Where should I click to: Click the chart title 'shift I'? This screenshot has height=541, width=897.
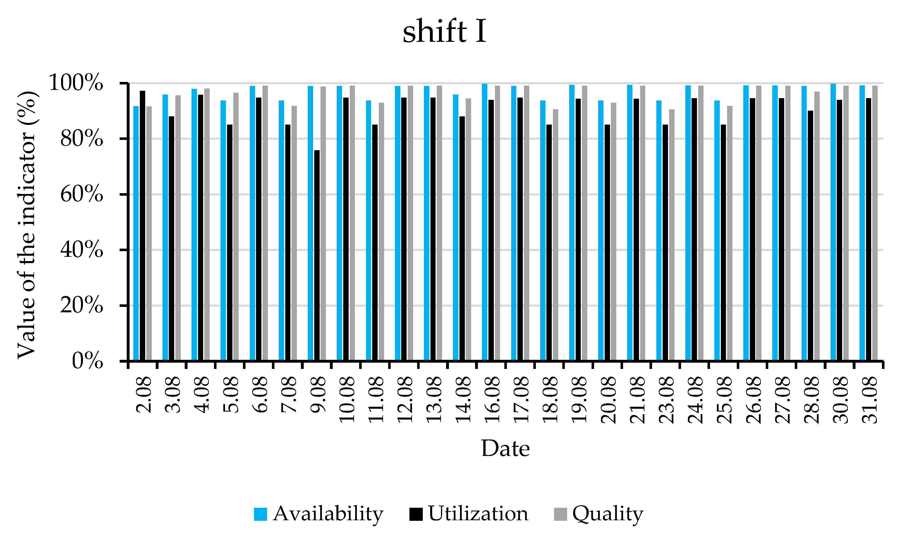(444, 32)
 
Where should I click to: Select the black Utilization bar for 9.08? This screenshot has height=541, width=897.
(317, 255)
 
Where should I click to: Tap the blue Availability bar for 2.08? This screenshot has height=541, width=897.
(136, 233)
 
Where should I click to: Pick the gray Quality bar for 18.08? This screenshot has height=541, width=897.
(555, 235)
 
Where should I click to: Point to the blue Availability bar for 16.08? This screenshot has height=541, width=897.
(484, 222)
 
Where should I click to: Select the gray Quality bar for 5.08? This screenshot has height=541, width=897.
(236, 226)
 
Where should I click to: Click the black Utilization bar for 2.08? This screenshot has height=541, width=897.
(142, 226)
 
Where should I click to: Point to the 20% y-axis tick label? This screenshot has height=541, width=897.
(82, 305)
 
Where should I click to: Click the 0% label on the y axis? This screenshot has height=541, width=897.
(88, 362)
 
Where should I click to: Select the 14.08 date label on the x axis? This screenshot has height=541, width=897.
(463, 400)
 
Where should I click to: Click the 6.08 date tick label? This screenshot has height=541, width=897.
(260, 395)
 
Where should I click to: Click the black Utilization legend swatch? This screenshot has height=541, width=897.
(416, 514)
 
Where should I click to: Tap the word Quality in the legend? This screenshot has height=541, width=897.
(607, 514)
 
